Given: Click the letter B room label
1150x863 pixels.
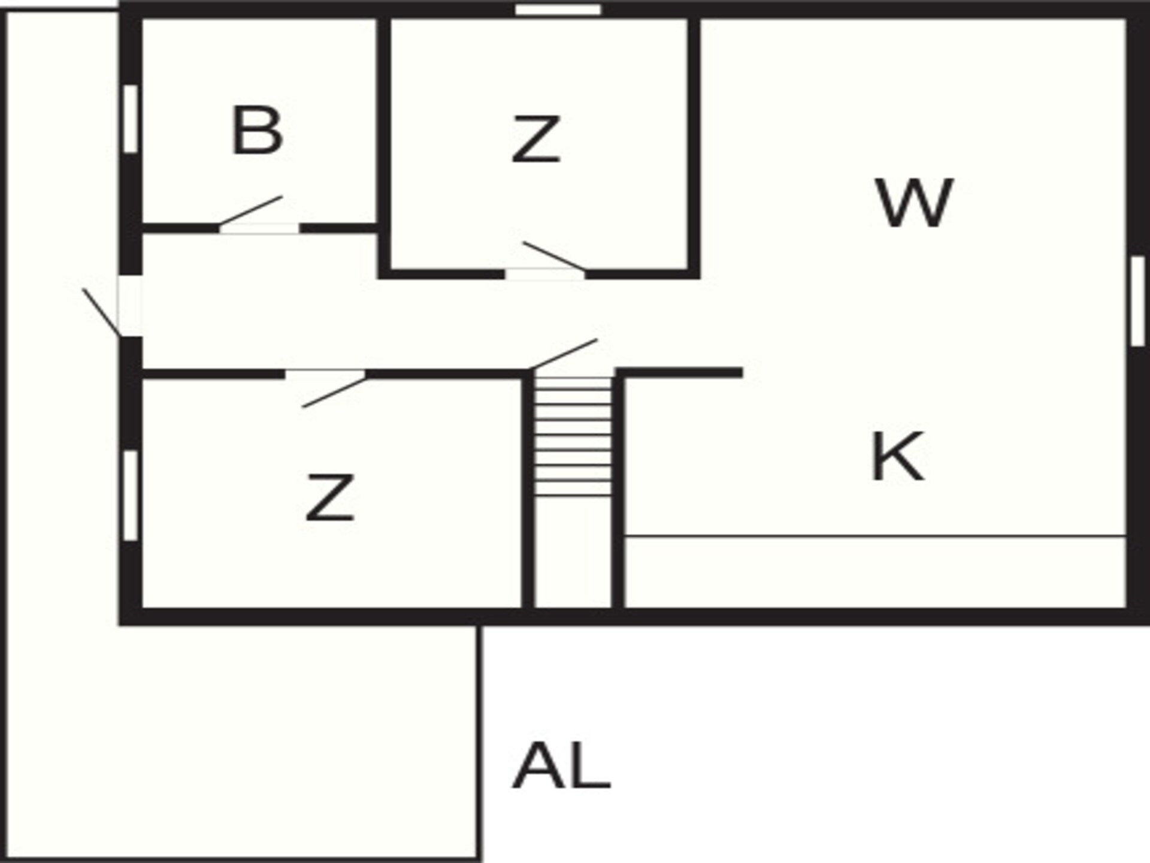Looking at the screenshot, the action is [x=257, y=131].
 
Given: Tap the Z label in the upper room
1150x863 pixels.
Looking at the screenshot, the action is [x=536, y=140].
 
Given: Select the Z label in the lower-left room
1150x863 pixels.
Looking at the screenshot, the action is [x=330, y=497].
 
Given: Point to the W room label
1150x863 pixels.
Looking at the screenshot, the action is [x=914, y=203].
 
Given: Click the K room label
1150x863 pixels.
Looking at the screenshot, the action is [x=897, y=457].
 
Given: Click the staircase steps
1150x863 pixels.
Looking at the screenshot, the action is [x=573, y=436].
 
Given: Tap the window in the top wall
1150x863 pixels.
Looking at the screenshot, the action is [x=558, y=10].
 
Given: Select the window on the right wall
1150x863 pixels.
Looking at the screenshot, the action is [x=1138, y=301].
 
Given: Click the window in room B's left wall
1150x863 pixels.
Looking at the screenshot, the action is [x=131, y=119].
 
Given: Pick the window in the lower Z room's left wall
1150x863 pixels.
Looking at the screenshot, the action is [x=131, y=495].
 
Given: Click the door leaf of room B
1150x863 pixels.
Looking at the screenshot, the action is [x=250, y=211].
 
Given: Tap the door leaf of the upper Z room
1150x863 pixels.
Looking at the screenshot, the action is [x=554, y=257].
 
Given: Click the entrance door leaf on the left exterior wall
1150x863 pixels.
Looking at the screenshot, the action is [x=102, y=312].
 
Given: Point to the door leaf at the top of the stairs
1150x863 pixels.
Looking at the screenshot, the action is [x=563, y=355].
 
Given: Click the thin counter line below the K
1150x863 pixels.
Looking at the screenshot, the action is [x=875, y=536].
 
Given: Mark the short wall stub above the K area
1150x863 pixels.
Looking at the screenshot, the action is [x=679, y=373].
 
